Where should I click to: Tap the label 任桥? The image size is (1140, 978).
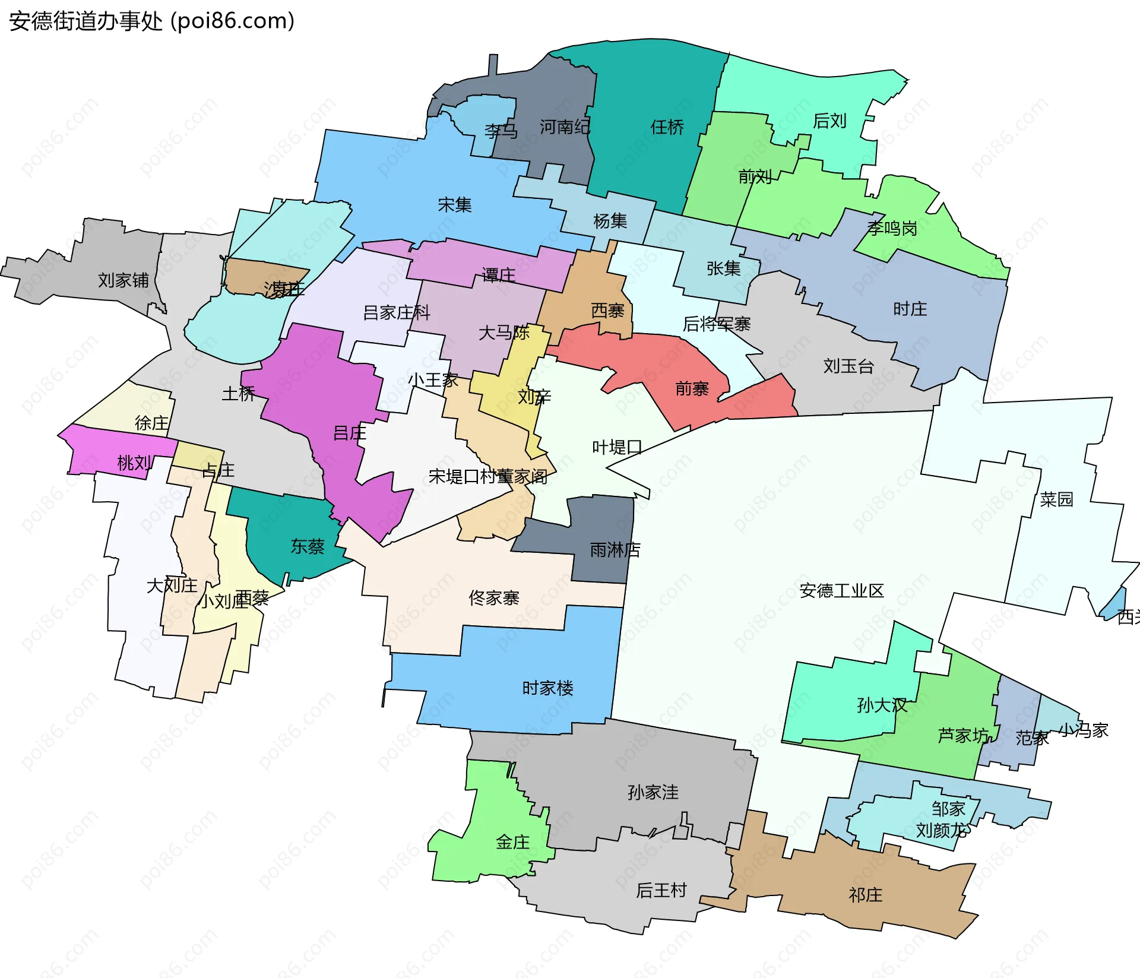[x=667, y=127]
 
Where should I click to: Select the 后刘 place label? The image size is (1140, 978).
[x=829, y=121]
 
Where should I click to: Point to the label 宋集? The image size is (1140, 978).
[x=454, y=205]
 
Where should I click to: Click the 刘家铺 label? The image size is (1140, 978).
[x=123, y=280]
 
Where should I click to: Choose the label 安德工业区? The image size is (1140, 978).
[x=841, y=591]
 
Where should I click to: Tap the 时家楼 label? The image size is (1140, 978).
[x=547, y=688]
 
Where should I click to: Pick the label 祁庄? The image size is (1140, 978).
[x=865, y=895]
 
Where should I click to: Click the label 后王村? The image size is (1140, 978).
[x=661, y=890]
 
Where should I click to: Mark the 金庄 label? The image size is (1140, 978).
[x=512, y=842]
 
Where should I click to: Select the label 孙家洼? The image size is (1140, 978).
[x=653, y=792]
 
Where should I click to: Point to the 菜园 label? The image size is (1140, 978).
[x=1056, y=499]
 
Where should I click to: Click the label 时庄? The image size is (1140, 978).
[x=910, y=309]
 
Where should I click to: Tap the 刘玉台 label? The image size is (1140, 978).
[x=848, y=366]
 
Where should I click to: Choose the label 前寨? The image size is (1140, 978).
[x=692, y=389]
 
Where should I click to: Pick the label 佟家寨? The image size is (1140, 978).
[x=493, y=597]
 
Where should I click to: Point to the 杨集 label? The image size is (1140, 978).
[x=610, y=221]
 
